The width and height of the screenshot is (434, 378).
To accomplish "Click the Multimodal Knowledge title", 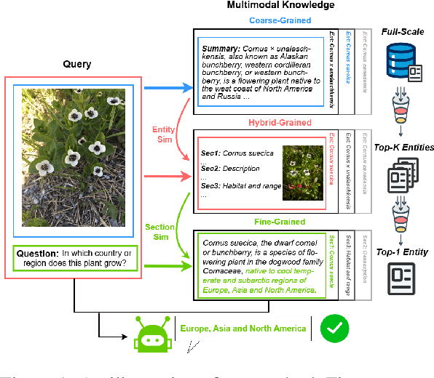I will [271, 6].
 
